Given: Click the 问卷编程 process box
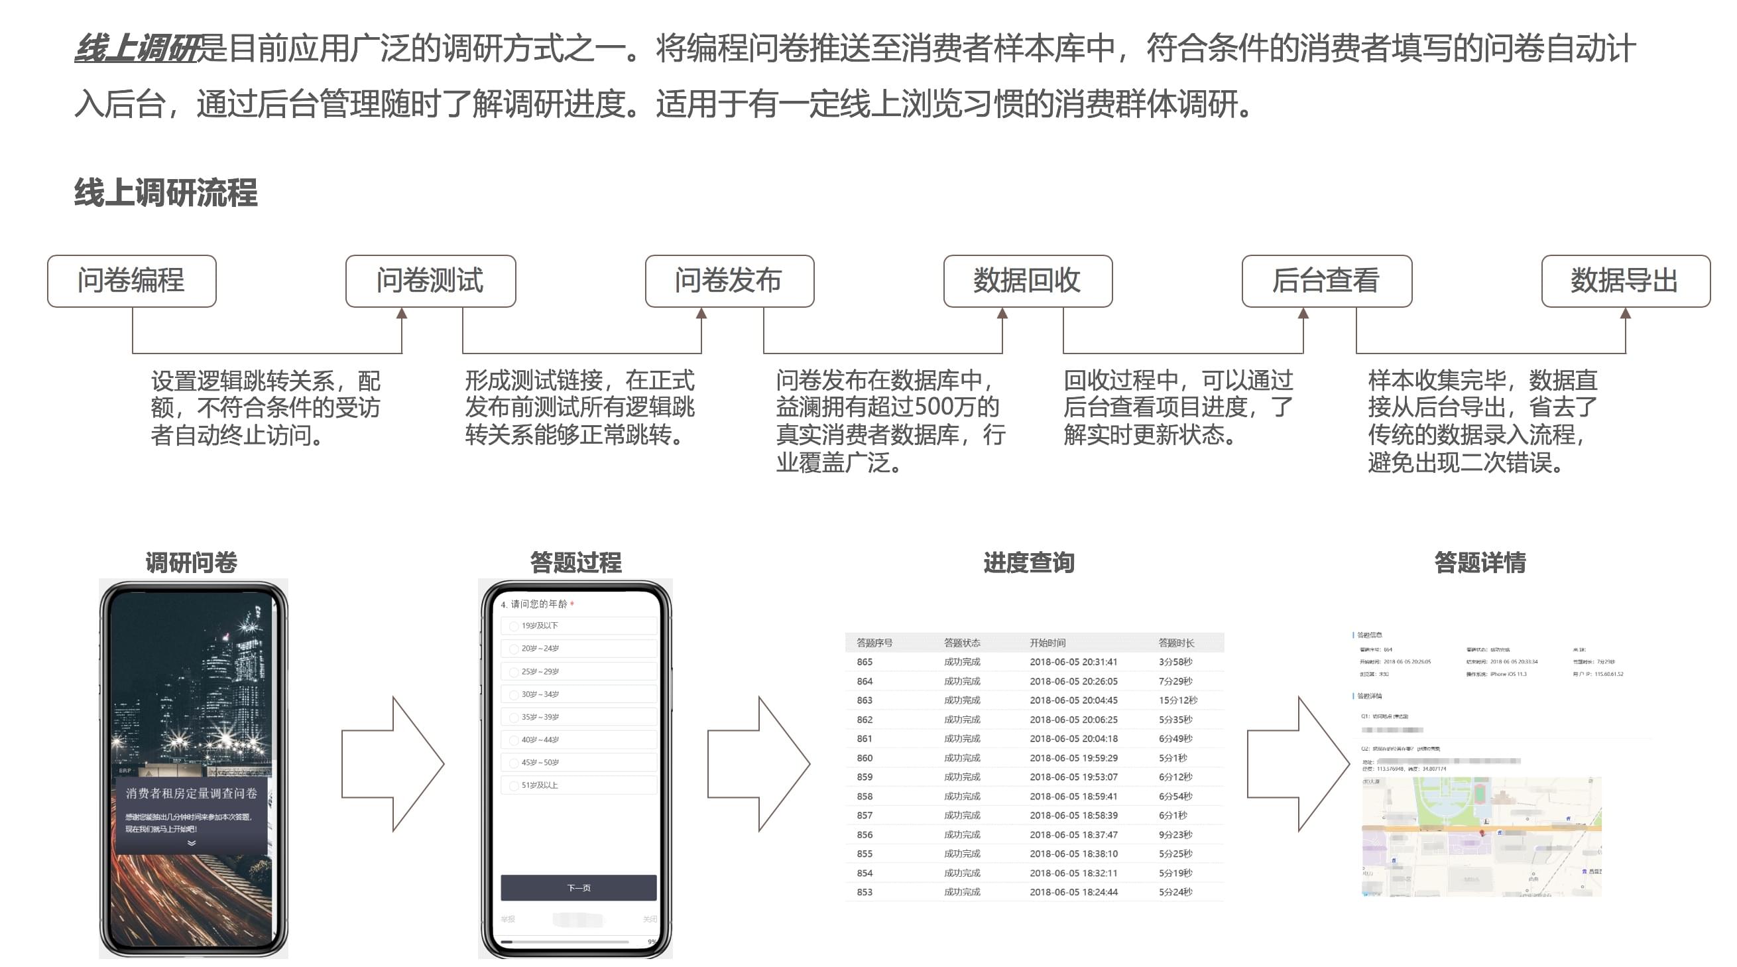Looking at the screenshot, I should pyautogui.click(x=131, y=281).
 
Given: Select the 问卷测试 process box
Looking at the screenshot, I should pyautogui.click(x=430, y=281).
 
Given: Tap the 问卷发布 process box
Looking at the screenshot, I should pyautogui.click(x=729, y=281).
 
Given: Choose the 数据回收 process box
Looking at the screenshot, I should pyautogui.click(x=1028, y=281).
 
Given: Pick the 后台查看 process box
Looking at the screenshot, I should pyautogui.click(x=1327, y=281).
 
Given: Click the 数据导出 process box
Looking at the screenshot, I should pyautogui.click(x=1625, y=281).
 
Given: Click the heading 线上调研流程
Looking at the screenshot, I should pyautogui.click(x=166, y=193).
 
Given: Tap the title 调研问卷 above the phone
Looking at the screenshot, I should pyautogui.click(x=192, y=562).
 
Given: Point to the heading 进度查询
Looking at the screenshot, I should pyautogui.click(x=1028, y=562).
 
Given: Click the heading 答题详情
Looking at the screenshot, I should pyautogui.click(x=1479, y=562).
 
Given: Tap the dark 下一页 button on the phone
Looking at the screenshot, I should pyautogui.click(x=578, y=887).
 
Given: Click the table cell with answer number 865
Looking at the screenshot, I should pyautogui.click(x=865, y=662).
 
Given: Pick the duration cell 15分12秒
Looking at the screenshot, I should pyautogui.click(x=1177, y=700).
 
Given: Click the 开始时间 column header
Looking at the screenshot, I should pyautogui.click(x=1048, y=643).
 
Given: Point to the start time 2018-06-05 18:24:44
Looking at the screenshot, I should pyautogui.click(x=1073, y=891).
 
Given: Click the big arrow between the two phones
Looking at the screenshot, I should pyautogui.click(x=392, y=763).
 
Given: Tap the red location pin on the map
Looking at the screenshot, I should pyautogui.click(x=1482, y=834).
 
